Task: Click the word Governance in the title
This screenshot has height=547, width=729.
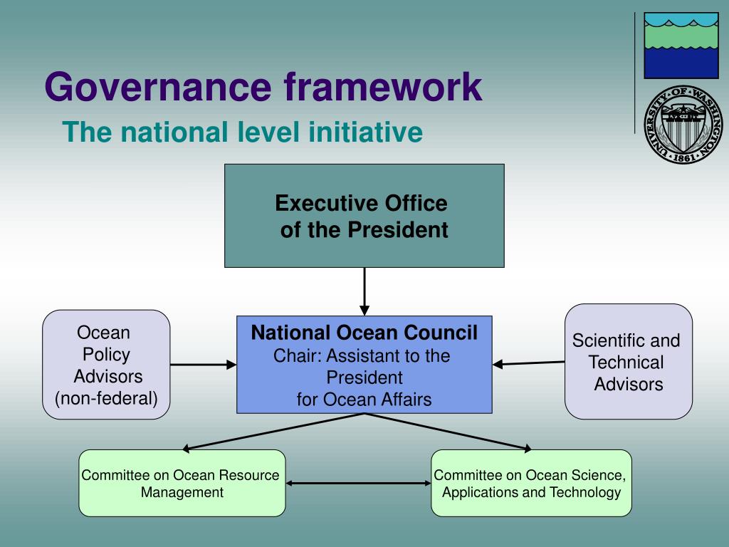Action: point(159,87)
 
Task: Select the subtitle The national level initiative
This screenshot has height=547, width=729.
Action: point(242,132)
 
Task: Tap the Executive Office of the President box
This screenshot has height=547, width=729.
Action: point(364,216)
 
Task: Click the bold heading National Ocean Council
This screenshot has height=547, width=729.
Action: point(364,333)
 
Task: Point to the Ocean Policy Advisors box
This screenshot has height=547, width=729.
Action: point(106,365)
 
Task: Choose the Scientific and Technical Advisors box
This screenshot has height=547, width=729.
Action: point(628,362)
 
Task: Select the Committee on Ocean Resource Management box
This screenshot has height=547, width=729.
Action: point(182,483)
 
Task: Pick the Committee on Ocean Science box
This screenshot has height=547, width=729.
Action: point(531,483)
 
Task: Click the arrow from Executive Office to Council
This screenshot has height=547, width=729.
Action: point(364,291)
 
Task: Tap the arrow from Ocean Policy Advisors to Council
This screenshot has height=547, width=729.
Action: point(203,365)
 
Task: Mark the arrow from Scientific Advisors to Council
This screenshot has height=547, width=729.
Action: point(528,363)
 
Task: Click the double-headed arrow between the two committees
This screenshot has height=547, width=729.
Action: point(358,484)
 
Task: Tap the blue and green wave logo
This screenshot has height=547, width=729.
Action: point(681,45)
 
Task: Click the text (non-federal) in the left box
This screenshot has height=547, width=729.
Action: point(106,398)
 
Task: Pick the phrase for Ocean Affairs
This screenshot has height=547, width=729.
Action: point(364,400)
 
